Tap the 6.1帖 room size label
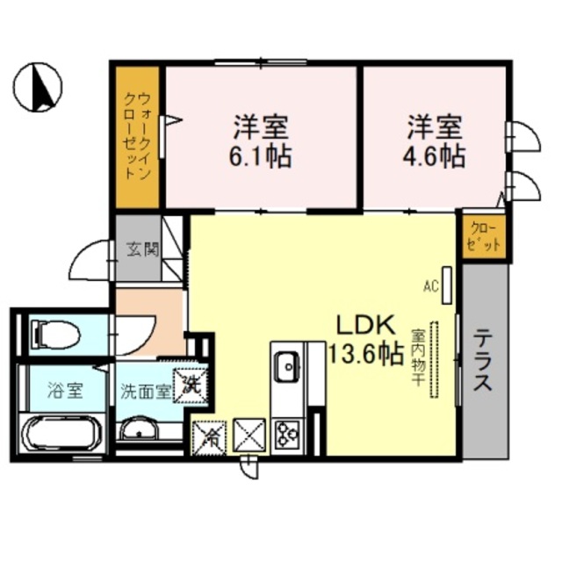click(262, 157)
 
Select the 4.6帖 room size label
click(436, 157)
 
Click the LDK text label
click(365, 326)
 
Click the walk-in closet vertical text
click(137, 137)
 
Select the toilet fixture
click(54, 333)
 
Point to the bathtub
click(62, 432)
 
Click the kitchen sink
click(286, 365)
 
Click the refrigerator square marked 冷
click(209, 435)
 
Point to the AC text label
click(430, 285)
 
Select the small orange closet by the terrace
click(485, 236)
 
